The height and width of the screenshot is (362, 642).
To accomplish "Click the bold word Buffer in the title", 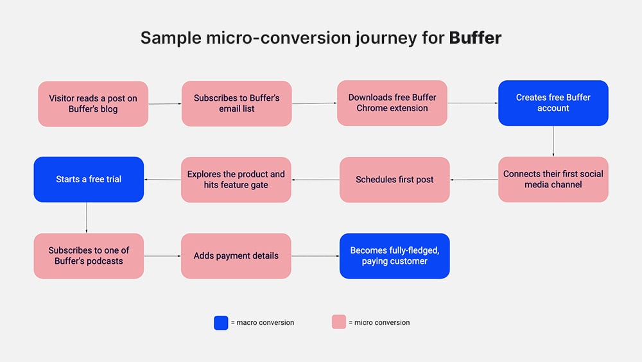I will click(x=475, y=38).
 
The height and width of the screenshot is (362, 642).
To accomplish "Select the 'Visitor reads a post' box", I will click(x=93, y=103).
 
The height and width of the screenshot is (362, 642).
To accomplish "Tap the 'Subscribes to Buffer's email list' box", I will click(x=237, y=103).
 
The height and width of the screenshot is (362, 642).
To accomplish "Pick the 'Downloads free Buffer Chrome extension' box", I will click(x=392, y=103).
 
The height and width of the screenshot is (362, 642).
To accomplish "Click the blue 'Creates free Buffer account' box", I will click(x=553, y=103).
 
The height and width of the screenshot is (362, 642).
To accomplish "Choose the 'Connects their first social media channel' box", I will click(x=553, y=179).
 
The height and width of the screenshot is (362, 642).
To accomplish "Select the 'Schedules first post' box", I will click(x=395, y=180).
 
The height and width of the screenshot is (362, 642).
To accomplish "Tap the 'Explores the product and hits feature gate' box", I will click(x=236, y=180).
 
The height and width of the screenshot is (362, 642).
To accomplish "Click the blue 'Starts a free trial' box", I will click(x=89, y=179).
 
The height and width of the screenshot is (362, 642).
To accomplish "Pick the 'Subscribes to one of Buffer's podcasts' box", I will click(x=89, y=255).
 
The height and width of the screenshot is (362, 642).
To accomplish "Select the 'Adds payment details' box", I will click(x=236, y=255).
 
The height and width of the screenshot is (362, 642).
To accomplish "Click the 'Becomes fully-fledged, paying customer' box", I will click(x=395, y=255).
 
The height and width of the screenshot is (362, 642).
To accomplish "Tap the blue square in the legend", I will click(x=221, y=322).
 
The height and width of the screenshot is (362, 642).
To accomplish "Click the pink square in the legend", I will click(x=339, y=322).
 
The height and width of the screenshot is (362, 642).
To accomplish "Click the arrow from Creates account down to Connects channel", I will click(x=553, y=141).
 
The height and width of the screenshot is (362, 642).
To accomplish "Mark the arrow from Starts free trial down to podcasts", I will click(x=87, y=218).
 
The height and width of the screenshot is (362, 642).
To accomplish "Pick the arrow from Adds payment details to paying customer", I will click(x=315, y=256).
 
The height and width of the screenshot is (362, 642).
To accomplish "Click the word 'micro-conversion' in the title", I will click(x=279, y=38).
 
